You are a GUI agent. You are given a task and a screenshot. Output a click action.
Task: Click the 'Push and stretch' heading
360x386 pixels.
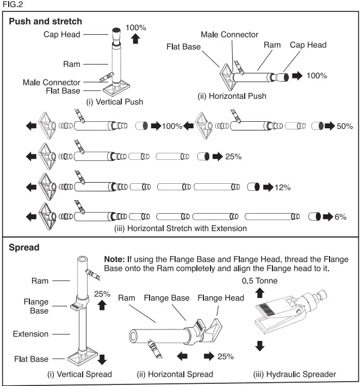(x=46, y=22)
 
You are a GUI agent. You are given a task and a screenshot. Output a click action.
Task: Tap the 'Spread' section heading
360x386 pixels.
(x=24, y=247)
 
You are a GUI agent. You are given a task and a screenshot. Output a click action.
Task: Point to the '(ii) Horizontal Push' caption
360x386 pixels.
(x=232, y=96)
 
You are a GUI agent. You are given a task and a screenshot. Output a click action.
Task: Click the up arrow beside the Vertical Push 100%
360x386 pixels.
(x=136, y=38)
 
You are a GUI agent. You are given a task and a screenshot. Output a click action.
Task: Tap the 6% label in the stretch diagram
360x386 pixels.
(x=340, y=217)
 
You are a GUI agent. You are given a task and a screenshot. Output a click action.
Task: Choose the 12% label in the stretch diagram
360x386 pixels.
(x=283, y=188)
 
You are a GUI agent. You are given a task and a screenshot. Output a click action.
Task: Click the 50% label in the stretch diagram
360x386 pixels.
(x=344, y=126)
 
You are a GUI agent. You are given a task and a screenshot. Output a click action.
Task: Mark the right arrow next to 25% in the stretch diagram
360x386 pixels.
(x=217, y=157)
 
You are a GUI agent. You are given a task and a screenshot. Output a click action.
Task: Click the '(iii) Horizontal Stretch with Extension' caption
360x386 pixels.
(x=181, y=228)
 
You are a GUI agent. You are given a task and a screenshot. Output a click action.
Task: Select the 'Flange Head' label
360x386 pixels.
(x=220, y=297)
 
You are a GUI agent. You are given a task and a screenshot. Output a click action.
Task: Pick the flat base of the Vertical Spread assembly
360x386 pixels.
(x=82, y=358)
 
